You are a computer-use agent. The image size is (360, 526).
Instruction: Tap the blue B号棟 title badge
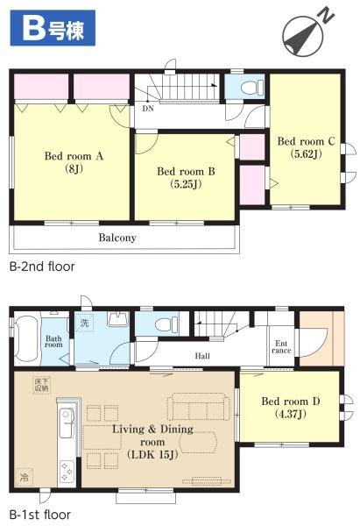point(53,28)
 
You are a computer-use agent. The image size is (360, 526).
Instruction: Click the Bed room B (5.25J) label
point(186,177)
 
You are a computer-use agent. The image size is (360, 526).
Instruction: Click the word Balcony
point(117,238)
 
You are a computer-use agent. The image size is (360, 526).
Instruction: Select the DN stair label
point(148,109)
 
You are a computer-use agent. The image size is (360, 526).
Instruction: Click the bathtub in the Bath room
point(25,339)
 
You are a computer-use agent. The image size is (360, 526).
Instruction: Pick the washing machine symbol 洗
point(84,323)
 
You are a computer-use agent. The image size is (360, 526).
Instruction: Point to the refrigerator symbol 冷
point(25,476)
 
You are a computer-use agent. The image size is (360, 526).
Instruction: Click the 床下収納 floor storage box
point(41,385)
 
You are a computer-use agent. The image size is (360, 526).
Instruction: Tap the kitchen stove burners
point(66,472)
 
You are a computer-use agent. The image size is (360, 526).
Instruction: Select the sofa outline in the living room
point(199,407)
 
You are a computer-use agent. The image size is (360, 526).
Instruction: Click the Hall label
point(202,356)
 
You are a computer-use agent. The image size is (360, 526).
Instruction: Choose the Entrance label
point(281,347)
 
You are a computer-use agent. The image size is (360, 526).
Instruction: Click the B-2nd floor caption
point(42,267)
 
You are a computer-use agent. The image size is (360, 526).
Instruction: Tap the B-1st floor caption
point(40,515)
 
